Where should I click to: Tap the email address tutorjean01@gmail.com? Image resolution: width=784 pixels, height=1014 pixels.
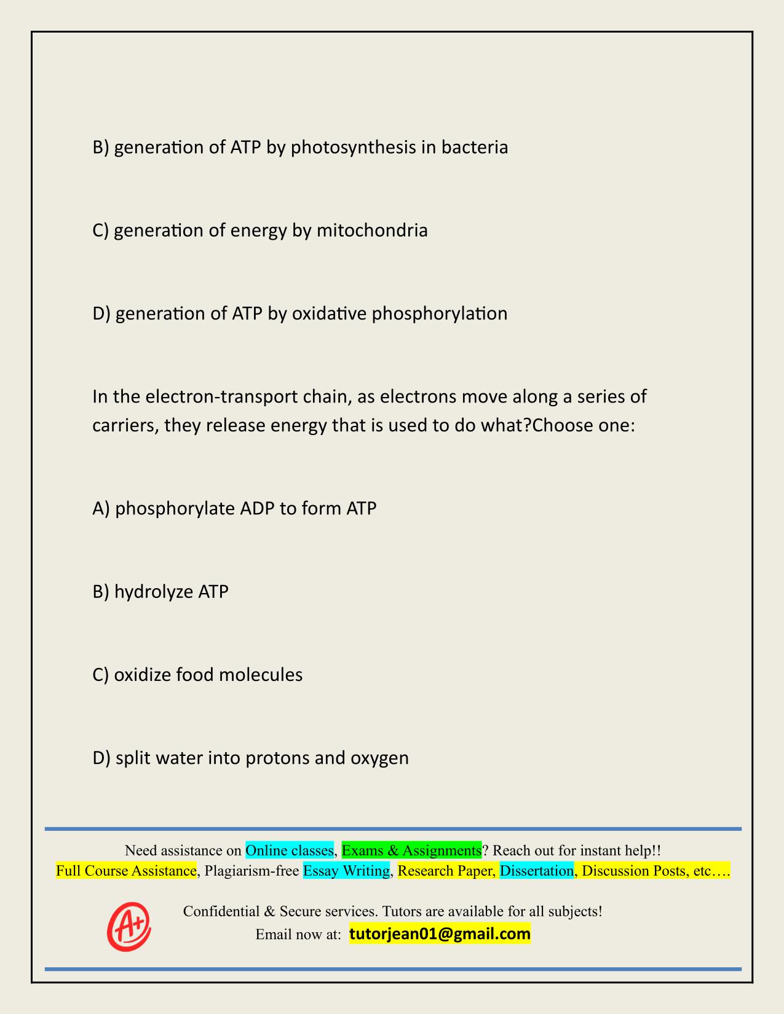pos(440,934)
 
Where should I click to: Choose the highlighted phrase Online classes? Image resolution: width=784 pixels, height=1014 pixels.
pos(290,851)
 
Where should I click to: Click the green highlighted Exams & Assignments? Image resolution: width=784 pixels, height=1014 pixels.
pos(411,851)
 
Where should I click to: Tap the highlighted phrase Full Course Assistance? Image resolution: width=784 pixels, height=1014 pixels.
pos(126,871)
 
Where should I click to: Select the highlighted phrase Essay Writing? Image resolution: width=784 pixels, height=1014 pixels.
pos(346,871)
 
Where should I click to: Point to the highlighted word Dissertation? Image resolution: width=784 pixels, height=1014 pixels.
pos(536,871)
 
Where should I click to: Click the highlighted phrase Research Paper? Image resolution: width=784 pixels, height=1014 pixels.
pos(446,871)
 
